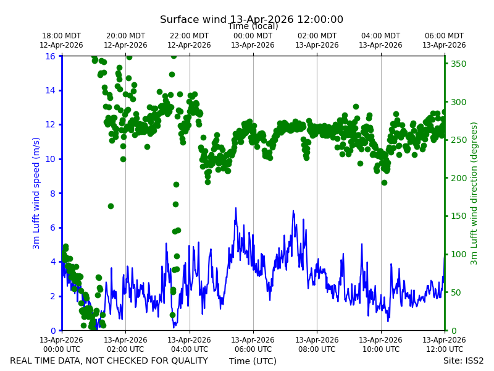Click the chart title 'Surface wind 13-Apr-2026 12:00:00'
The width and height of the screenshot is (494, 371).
[251, 19]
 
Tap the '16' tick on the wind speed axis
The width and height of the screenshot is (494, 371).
[50, 56]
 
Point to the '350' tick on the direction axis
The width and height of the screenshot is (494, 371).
[458, 64]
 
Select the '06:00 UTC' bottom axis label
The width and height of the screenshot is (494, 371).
[253, 349]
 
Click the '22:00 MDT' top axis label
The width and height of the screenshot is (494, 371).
[189, 36]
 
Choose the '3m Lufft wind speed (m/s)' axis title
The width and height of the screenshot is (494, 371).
[36, 193]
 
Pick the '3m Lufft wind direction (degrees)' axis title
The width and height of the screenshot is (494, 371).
[474, 194]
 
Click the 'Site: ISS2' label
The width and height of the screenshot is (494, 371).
[463, 360]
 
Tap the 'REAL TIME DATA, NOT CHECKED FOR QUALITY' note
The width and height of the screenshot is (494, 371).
[109, 360]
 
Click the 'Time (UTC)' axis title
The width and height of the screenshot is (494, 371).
[253, 361]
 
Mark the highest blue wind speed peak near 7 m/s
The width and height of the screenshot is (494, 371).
[236, 208]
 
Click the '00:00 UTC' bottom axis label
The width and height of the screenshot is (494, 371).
[62, 349]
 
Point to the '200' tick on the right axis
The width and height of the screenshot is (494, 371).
[458, 178]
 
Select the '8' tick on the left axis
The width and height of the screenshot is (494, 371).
[52, 194]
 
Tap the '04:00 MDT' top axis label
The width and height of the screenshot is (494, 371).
[380, 36]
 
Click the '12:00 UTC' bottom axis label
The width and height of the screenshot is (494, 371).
[444, 349]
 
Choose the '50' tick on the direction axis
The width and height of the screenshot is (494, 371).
[456, 292]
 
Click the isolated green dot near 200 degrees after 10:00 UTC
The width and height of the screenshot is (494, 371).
[384, 182]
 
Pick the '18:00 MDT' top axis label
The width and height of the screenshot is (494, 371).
[61, 36]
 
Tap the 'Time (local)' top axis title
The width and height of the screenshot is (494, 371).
[253, 27]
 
